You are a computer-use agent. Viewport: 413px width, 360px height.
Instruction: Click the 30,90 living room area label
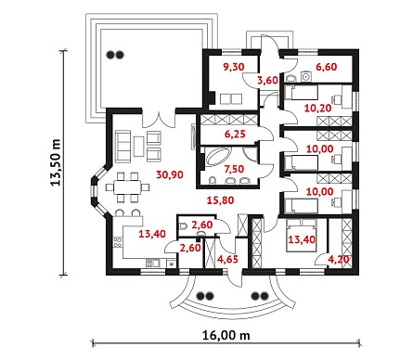click(x=170, y=175)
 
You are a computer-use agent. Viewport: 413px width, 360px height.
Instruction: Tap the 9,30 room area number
click(x=234, y=67)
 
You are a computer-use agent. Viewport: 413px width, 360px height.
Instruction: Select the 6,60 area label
click(x=327, y=67)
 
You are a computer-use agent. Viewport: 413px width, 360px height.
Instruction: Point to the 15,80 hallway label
click(x=220, y=200)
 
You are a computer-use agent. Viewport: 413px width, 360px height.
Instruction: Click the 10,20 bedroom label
click(x=317, y=109)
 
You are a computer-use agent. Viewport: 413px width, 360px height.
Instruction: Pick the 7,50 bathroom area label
click(x=234, y=169)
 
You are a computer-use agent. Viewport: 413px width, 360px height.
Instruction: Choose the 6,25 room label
click(x=235, y=135)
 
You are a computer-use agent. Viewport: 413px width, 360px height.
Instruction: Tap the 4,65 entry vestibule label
click(x=227, y=260)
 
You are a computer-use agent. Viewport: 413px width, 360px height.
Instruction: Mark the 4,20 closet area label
click(x=339, y=260)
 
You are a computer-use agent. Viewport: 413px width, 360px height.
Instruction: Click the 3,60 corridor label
click(x=268, y=81)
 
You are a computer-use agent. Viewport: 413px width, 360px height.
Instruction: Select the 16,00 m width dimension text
click(x=226, y=335)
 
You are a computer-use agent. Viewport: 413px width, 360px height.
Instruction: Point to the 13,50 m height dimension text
click(x=56, y=162)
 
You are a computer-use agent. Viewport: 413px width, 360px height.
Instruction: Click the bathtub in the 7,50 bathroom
click(x=218, y=158)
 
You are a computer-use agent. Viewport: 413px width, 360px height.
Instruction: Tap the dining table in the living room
click(x=127, y=187)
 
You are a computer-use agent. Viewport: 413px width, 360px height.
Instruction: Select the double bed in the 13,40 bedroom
click(x=302, y=235)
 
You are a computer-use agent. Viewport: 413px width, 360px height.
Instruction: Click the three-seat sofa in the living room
click(x=123, y=146)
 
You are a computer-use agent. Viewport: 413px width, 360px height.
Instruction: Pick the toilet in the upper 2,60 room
click(x=183, y=226)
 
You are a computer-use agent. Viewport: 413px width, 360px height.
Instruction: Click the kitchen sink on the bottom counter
click(x=153, y=264)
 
